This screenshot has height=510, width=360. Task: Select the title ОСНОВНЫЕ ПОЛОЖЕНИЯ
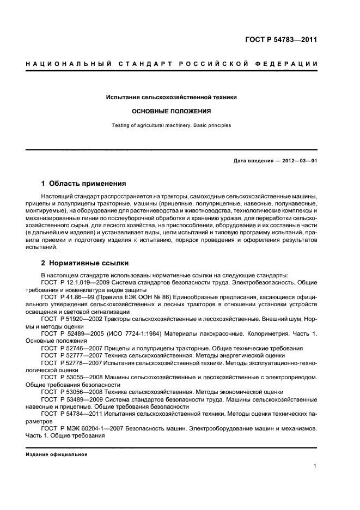[x=172, y=111]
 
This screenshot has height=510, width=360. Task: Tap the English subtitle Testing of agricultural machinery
[x=172, y=125]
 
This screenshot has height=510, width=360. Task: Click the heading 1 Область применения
[x=84, y=184]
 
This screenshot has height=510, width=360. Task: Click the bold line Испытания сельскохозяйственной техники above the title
[x=172, y=97]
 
